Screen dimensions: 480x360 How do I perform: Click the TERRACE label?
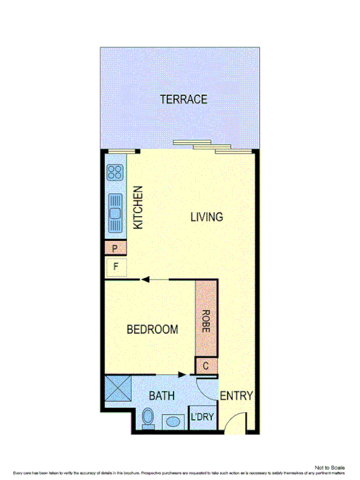click(183, 100)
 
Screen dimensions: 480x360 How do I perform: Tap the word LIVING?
click(207, 218)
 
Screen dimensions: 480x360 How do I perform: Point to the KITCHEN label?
click(137, 208)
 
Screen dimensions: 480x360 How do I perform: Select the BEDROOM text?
click(153, 330)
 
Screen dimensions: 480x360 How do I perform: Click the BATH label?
click(161, 396)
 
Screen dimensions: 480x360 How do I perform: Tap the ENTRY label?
click(236, 396)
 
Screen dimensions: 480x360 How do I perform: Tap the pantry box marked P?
click(114, 249)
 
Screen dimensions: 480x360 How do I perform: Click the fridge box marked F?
click(115, 266)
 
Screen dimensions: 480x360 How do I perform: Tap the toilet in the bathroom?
click(147, 418)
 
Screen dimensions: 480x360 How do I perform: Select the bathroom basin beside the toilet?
click(170, 420)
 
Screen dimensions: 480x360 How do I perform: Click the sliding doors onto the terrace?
click(202, 146)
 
